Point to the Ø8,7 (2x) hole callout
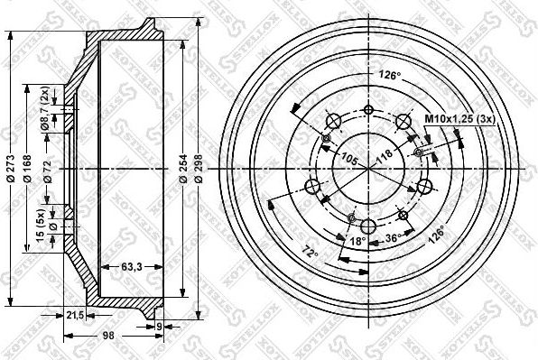[x=44, y=115]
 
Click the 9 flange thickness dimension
[x=159, y=327]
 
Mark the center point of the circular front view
[x=368, y=168]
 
